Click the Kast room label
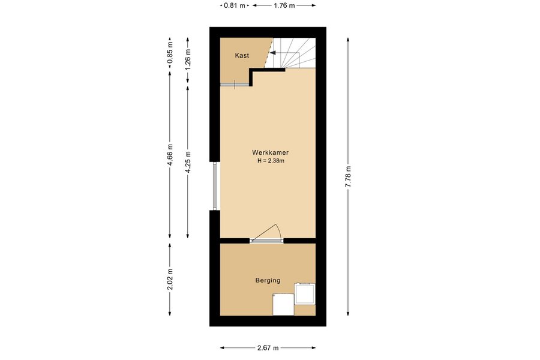tap(242, 55)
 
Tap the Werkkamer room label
tap(271, 152)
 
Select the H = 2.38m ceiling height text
tap(271, 161)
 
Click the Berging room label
tap(268, 280)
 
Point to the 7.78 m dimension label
tap(348, 176)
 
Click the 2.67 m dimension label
tap(268, 348)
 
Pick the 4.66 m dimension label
tap(170, 154)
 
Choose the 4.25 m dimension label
tap(188, 162)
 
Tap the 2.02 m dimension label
tap(170, 280)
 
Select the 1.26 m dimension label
tap(188, 59)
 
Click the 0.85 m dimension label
tap(170, 53)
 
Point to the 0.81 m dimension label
tap(235, 5)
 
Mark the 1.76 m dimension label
tap(284, 5)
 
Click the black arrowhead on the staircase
tap(273, 53)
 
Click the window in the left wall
tap(215, 186)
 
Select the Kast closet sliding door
tap(235, 85)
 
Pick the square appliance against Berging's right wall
tap(305, 293)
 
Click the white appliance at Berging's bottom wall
tap(283, 305)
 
